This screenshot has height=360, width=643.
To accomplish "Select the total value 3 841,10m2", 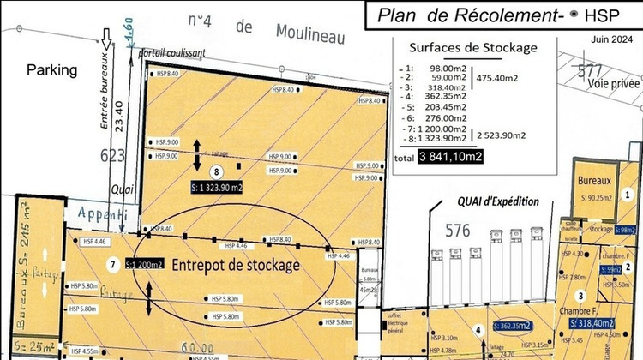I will pos(450,156).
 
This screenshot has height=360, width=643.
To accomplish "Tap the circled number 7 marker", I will pos(111,263).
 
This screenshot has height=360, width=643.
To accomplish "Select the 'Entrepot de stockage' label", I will pos(237,265).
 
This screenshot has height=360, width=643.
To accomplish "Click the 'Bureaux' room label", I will pos(593,182).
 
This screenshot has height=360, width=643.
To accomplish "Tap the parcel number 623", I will pos(112,155).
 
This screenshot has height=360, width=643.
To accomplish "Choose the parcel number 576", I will pos(458,230).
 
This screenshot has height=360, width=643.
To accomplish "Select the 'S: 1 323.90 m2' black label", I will pos(216,186).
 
